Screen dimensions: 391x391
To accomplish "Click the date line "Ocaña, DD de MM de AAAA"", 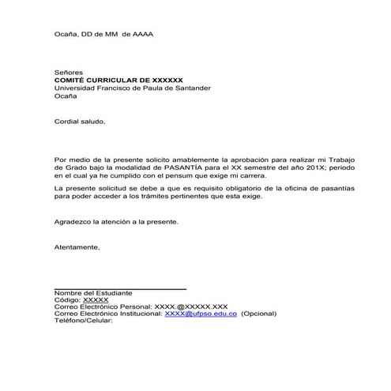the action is (x=103, y=34).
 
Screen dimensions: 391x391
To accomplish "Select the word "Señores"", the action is (x=69, y=72).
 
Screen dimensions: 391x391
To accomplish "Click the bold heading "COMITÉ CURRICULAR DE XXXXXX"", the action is (x=118, y=80).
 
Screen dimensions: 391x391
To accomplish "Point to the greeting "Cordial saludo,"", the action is (x=79, y=122).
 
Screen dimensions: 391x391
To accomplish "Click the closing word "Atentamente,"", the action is (x=77, y=247).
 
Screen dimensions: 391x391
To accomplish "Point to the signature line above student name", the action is (x=120, y=289).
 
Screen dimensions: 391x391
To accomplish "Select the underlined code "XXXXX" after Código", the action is (x=96, y=300).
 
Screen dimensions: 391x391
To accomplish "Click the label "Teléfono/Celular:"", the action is (x=84, y=320).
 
